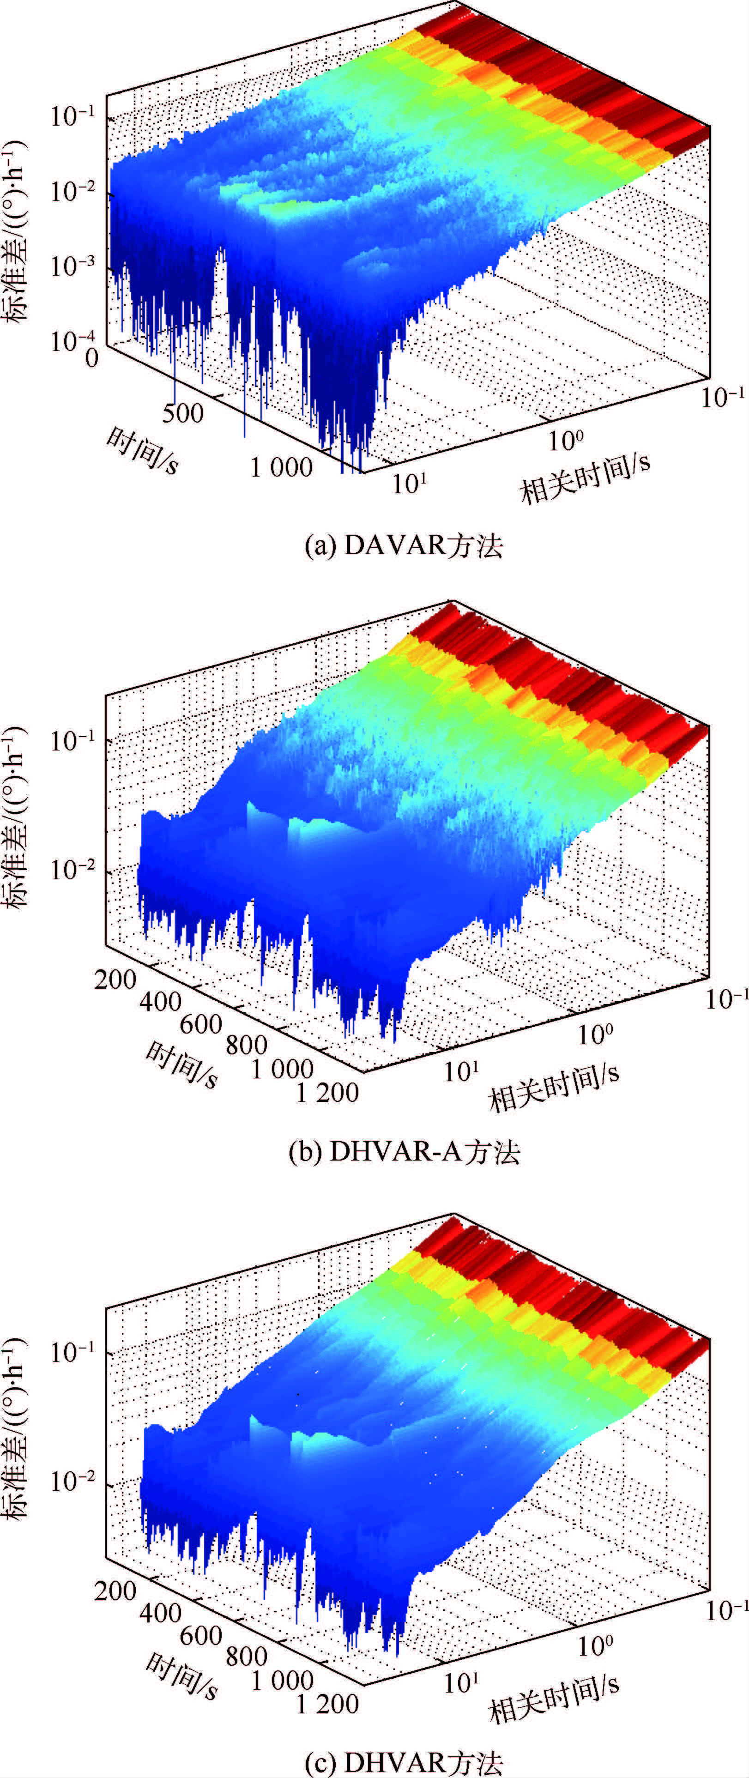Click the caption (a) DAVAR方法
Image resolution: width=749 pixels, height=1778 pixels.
pyautogui.click(x=404, y=546)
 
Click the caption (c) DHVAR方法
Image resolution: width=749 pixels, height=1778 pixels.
pyautogui.click(x=404, y=1762)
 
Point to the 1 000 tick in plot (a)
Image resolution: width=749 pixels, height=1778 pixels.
pyautogui.click(x=281, y=467)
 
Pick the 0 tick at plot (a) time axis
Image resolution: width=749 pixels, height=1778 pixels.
pyautogui.click(x=92, y=357)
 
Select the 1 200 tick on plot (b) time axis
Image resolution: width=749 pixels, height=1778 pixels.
pyautogui.click(x=327, y=1092)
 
